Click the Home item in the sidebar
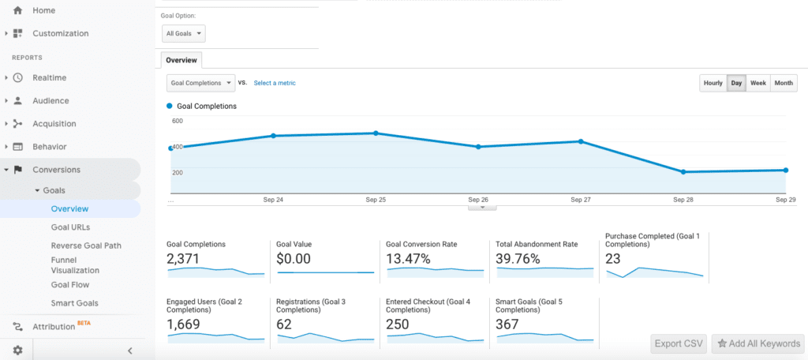click(43, 9)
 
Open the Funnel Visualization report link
click(75, 264)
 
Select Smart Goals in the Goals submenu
click(74, 303)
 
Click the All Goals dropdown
click(184, 33)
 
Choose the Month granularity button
click(784, 83)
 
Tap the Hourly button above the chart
click(713, 83)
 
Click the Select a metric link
click(275, 83)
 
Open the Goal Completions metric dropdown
click(201, 83)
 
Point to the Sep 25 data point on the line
click(376, 133)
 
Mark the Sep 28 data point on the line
click(683, 172)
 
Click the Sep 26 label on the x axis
click(478, 201)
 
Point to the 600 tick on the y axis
click(177, 121)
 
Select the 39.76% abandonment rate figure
click(518, 259)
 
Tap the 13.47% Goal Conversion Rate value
click(408, 259)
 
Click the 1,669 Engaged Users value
click(183, 324)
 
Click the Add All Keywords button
click(757, 343)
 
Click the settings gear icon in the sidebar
click(17, 351)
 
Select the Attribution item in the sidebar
click(53, 327)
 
